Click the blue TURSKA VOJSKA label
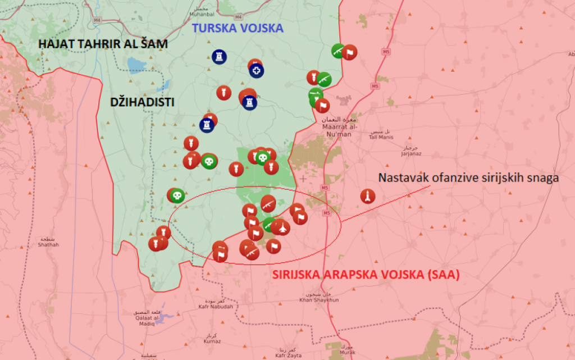(238, 28)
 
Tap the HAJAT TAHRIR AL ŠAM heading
(103, 44)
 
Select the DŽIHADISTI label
(142, 102)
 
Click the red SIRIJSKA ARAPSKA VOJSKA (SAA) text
(366, 275)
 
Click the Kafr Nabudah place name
(216, 307)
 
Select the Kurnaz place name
(212, 341)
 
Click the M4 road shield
(97, 20)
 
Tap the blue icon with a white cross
(257, 71)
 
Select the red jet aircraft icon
(279, 227)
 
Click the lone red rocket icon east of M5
(368, 196)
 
